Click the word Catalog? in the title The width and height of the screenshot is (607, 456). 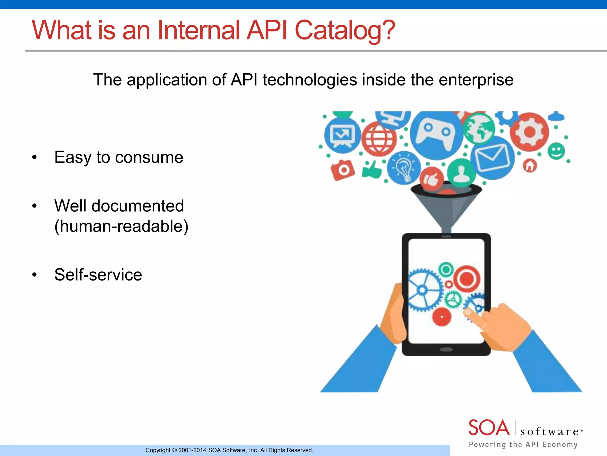345,30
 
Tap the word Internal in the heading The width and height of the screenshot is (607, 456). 198,30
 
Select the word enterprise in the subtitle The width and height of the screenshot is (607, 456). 476,80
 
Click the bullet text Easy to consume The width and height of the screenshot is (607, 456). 119,157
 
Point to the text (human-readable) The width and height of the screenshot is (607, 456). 121,227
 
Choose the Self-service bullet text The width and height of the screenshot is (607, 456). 98,275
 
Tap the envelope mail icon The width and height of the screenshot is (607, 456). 492,157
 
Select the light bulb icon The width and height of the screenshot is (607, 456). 404,168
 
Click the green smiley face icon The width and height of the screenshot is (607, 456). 556,151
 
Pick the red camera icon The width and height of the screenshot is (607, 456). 343,170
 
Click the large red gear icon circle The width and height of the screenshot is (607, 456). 529,132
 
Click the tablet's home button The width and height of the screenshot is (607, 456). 446,349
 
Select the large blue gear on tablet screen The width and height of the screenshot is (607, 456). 423,290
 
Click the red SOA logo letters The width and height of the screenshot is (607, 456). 489,428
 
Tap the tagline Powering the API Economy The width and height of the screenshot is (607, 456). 523,444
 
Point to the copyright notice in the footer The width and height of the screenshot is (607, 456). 229,450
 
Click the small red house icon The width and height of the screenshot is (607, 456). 530,166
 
